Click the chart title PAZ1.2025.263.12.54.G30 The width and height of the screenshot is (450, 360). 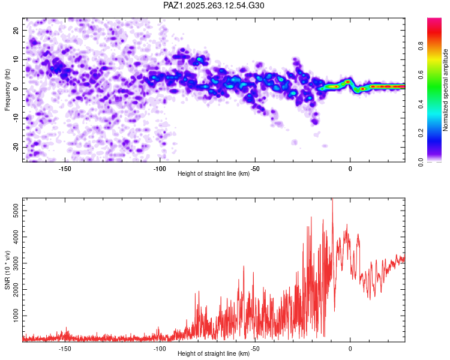click(214, 5)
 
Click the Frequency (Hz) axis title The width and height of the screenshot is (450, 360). click(7, 90)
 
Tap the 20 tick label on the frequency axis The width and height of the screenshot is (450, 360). click(16, 30)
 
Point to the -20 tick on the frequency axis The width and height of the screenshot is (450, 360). click(16, 147)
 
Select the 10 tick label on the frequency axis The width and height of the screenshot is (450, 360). click(16, 59)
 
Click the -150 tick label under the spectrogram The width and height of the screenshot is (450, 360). click(65, 169)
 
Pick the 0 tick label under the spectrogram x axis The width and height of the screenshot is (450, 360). click(350, 169)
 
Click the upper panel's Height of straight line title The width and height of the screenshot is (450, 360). click(214, 173)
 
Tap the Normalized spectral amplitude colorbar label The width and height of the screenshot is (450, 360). click(445, 90)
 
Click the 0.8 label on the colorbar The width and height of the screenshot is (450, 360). click(421, 46)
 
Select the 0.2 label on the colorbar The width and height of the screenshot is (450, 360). click(421, 133)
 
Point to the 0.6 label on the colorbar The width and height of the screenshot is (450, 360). click(421, 75)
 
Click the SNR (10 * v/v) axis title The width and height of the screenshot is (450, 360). click(7, 270)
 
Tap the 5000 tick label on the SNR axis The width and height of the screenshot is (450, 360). click(16, 211)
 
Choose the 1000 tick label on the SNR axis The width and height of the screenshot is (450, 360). click(16, 316)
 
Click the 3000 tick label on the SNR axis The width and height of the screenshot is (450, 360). click(16, 263)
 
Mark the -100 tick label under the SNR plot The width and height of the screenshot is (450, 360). click(160, 349)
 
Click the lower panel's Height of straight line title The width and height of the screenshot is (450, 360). click(214, 353)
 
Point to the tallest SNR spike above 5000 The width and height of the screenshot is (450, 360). click(332, 199)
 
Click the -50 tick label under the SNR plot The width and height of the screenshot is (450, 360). click(255, 349)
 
